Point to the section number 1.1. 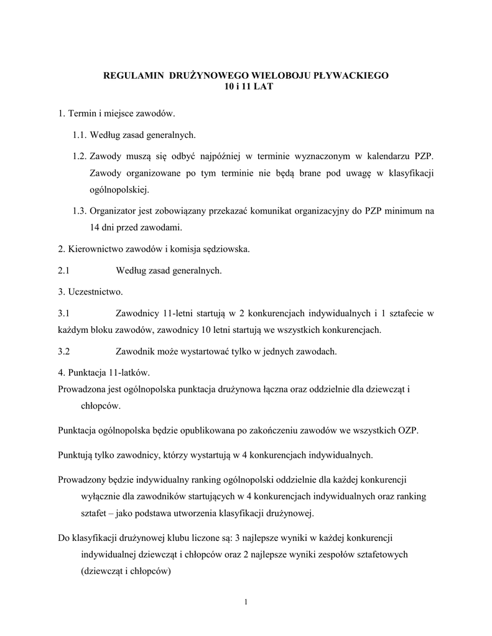(80, 134)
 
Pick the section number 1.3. (80, 211)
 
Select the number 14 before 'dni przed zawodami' (95, 227)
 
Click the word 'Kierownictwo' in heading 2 (92, 250)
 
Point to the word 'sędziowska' (226, 250)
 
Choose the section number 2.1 (63, 270)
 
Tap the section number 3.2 (63, 351)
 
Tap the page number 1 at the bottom (246, 601)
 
